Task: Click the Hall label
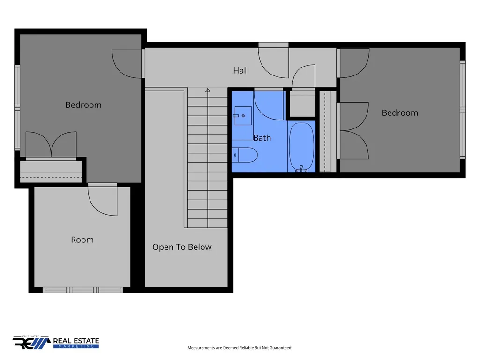coord(240,71)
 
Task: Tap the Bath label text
coord(262,138)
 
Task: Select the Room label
coord(82,240)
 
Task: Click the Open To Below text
coord(182,247)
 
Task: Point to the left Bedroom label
coord(83,105)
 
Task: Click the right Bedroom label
coord(400,113)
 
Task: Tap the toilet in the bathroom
coord(244,155)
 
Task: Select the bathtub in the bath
coord(302,146)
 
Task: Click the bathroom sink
coord(243,116)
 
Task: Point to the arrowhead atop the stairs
coord(208,90)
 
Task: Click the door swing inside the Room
coord(103,201)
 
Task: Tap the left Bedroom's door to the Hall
coord(127,63)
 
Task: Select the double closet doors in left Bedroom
coord(51,144)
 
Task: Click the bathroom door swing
coord(269,105)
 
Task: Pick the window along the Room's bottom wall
coord(82,290)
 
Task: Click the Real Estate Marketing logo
coord(56,343)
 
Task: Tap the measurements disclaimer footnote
coord(240,348)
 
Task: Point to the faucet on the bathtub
coord(301,169)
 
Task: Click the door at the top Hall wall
coord(273,60)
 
